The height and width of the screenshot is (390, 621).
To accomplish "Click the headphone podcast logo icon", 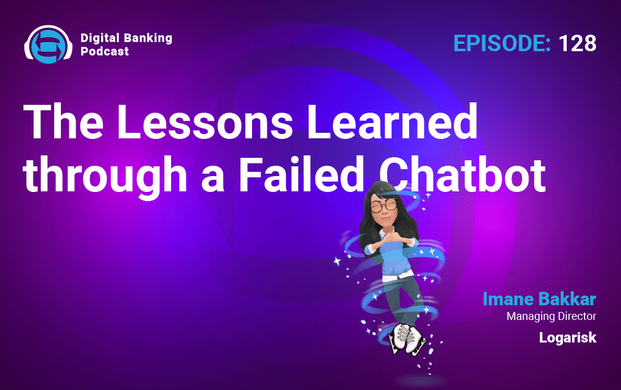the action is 48,44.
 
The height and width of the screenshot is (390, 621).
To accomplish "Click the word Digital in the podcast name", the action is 100,38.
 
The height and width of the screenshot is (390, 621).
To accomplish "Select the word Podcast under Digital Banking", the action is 105,51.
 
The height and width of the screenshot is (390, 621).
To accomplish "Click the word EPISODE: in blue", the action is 502,43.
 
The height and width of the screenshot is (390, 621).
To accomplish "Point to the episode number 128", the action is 577,43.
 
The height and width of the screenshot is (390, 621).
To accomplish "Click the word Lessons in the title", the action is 205,121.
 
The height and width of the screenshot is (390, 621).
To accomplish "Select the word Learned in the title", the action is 392,121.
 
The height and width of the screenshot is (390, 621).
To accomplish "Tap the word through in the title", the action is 105,175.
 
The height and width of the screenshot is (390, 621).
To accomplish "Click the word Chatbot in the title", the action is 462,174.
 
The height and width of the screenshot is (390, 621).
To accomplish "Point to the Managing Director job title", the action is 552,316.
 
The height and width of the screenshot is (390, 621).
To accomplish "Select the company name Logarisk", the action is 567,337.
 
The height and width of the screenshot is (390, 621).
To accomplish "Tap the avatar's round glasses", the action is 384,205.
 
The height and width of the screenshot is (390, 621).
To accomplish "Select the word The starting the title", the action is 63,121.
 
